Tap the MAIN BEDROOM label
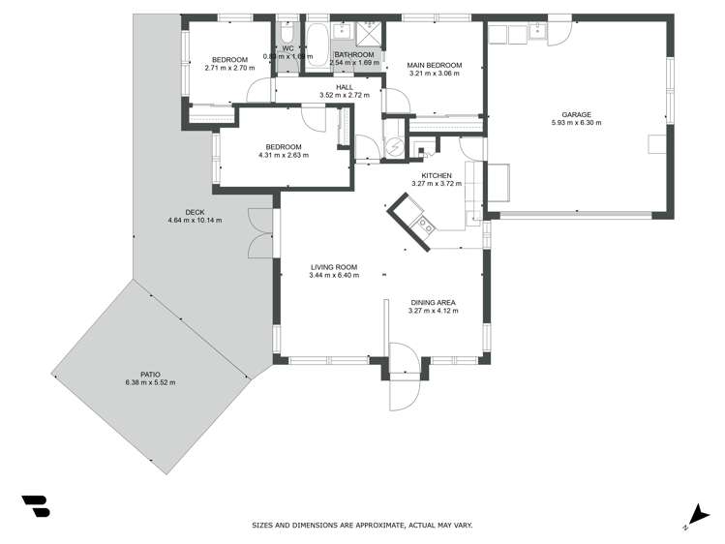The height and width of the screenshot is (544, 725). click(x=434, y=66)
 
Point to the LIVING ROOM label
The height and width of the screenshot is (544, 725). click(x=334, y=267)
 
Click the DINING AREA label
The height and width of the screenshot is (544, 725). click(x=433, y=303)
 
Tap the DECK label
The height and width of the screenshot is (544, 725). click(x=195, y=212)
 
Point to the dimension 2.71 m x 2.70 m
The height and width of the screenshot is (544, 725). click(x=229, y=69)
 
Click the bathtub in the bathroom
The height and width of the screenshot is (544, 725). click(x=317, y=44)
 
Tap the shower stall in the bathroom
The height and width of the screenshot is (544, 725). click(x=368, y=34)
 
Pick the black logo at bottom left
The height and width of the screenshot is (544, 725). click(x=36, y=506)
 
